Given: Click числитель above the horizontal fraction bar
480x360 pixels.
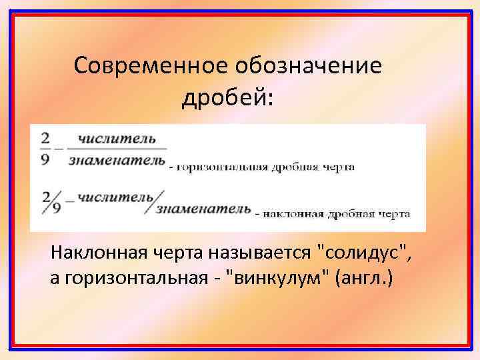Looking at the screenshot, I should click(117, 139).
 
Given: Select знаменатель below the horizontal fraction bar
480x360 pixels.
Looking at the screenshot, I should click(117, 160).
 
